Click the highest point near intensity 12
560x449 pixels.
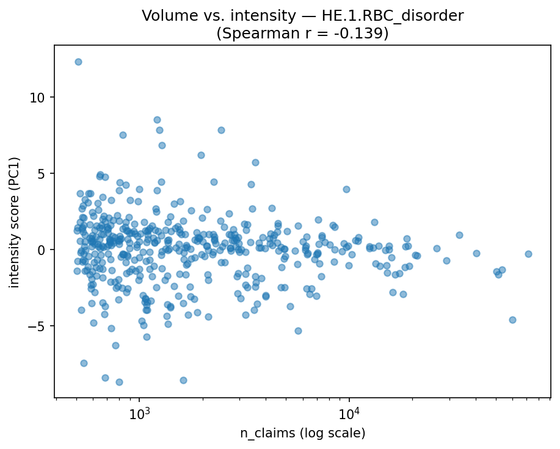78,62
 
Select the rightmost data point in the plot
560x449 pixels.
528,254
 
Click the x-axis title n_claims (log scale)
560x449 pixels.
302,434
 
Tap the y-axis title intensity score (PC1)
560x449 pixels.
14,223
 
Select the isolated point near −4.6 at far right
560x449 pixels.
512,320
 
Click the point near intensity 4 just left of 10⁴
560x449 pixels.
346,189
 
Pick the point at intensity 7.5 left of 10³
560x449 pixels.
123,135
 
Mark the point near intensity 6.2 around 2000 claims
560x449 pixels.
201,155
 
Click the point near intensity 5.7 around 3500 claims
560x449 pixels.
255,162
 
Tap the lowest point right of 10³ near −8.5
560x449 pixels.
183,380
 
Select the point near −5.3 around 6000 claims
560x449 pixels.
298,331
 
